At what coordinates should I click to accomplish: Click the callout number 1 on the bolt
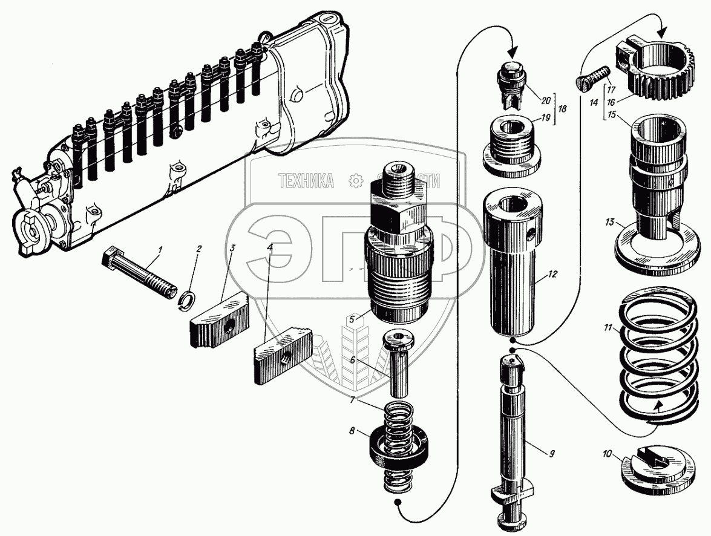point(160,249)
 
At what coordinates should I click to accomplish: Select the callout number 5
point(350,319)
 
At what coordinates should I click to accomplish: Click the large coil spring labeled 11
point(654,357)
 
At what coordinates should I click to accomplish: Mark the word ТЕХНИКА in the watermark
point(307,180)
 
